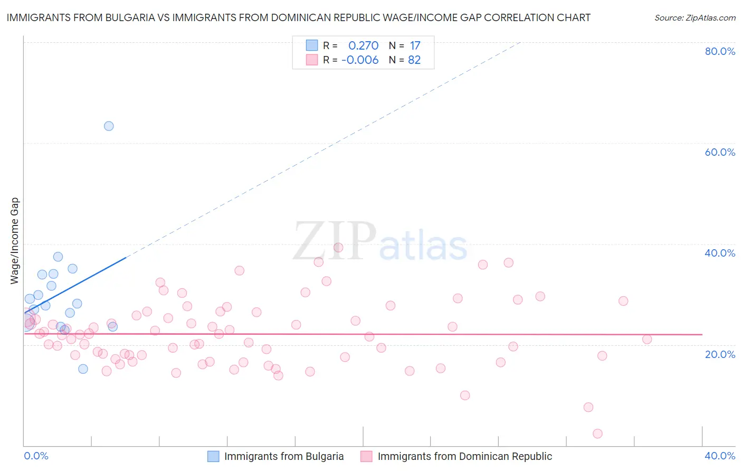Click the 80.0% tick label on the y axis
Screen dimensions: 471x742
tap(720, 51)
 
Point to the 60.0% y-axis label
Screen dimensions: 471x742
tap(720, 152)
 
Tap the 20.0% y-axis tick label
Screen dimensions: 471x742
tap(720, 354)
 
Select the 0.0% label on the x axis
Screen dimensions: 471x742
tap(36, 456)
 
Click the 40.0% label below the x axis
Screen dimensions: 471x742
tap(720, 456)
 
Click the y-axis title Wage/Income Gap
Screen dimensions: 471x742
tap(15, 241)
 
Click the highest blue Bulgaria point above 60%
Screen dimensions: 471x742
tap(109, 126)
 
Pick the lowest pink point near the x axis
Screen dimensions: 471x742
tap(597, 434)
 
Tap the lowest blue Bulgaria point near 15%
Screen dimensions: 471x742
tap(83, 369)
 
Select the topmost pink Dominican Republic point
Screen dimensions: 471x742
tap(338, 247)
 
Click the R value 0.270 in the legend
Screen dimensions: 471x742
tap(363, 45)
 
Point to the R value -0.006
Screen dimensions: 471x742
tap(360, 60)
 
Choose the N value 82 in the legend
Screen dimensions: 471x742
tap(414, 60)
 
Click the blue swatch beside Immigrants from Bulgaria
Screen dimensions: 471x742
tap(213, 456)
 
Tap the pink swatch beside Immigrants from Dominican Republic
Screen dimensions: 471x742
tap(366, 456)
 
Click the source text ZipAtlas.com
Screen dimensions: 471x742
tap(695, 17)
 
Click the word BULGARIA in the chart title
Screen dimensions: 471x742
tap(131, 17)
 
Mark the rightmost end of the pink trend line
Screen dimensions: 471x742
tap(702, 334)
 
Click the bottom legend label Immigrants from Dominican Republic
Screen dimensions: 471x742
tap(464, 456)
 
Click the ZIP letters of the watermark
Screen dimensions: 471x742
tap(335, 241)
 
